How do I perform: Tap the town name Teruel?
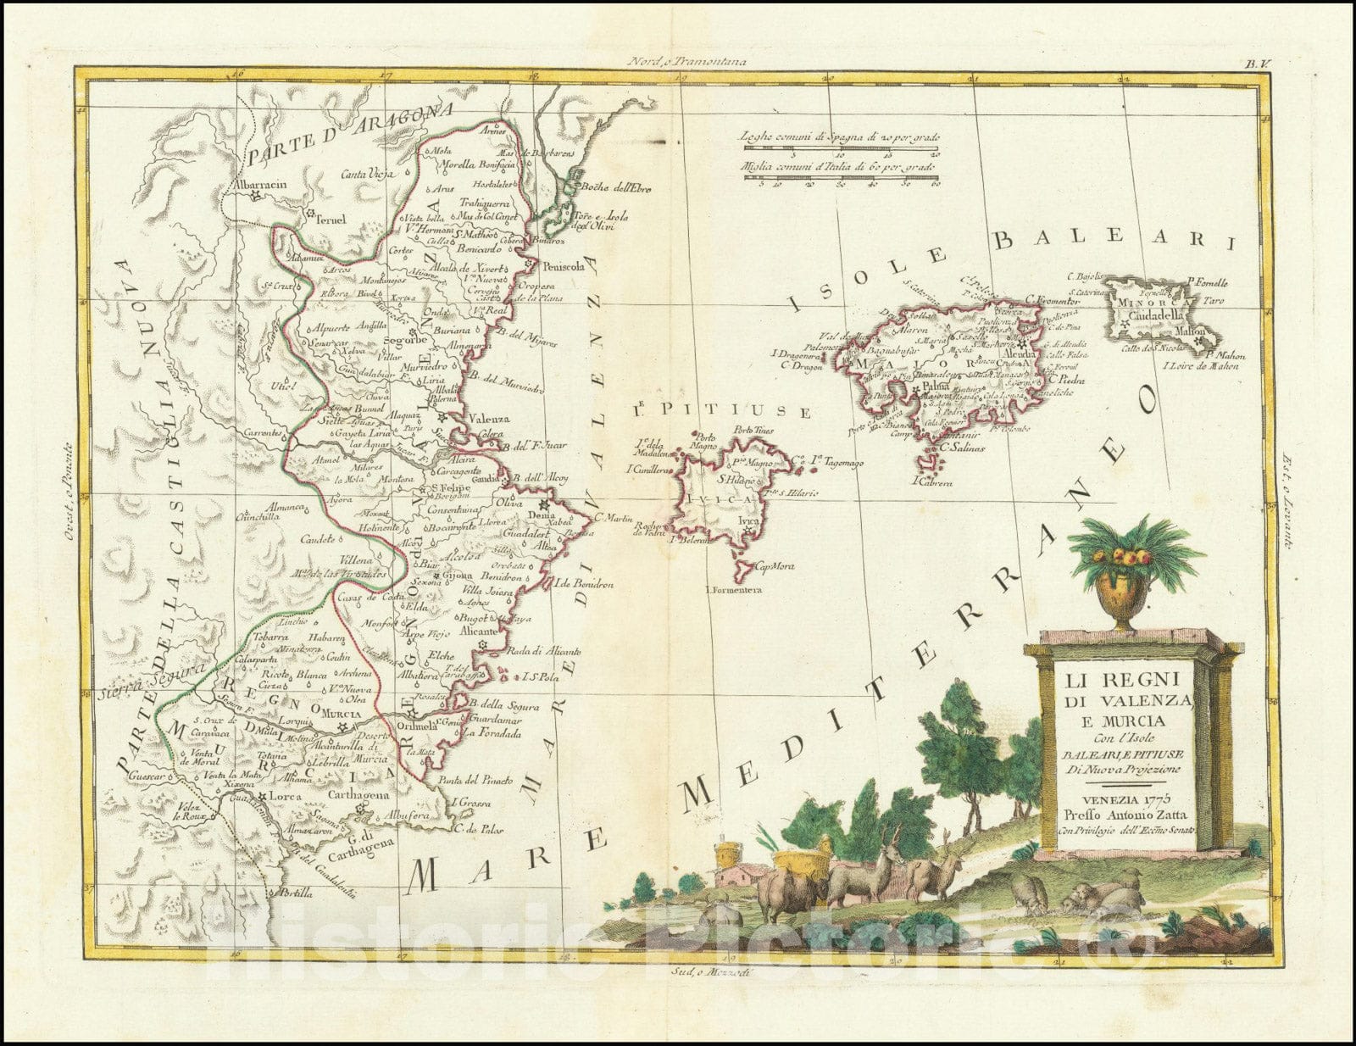click(x=331, y=219)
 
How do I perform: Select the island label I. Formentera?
click(x=733, y=589)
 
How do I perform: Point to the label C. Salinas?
click(x=960, y=448)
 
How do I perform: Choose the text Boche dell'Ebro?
click(x=614, y=187)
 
